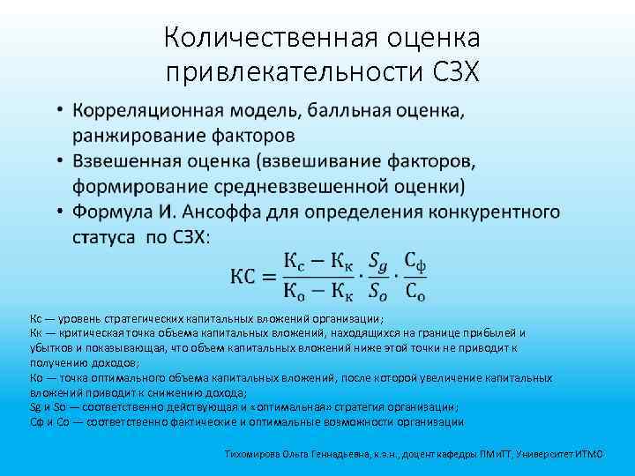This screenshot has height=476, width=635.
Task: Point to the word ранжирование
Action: point(141,136)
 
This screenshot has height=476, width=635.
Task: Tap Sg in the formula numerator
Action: point(377,262)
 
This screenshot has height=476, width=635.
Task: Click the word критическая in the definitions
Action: point(83,332)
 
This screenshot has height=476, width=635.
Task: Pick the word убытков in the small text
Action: point(49,347)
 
